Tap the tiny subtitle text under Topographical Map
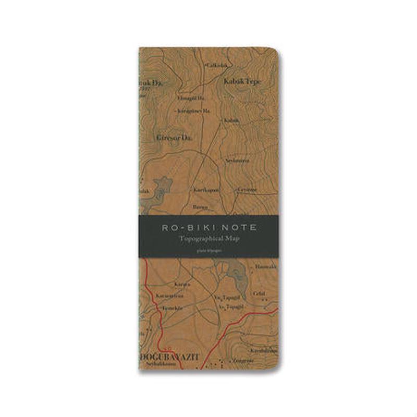(x=208, y=249)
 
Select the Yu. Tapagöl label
(x=222, y=298)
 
